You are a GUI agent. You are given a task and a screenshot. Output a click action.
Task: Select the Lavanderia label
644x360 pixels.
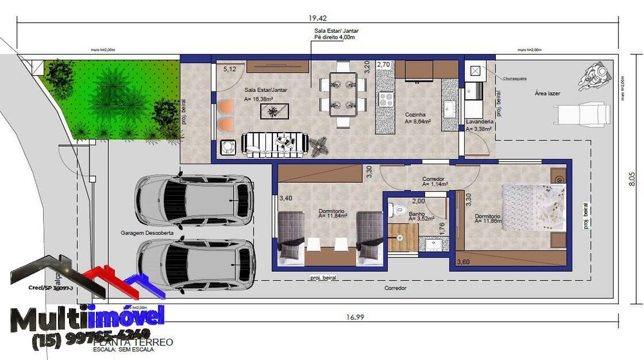[479, 122]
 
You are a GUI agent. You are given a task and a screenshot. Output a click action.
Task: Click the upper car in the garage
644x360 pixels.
[193, 200]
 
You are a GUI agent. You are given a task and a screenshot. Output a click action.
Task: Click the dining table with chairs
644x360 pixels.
[343, 93]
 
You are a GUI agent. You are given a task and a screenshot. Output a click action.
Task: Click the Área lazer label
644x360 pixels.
[547, 93]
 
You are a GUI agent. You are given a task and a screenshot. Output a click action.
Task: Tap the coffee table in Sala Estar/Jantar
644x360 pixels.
[274, 111]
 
